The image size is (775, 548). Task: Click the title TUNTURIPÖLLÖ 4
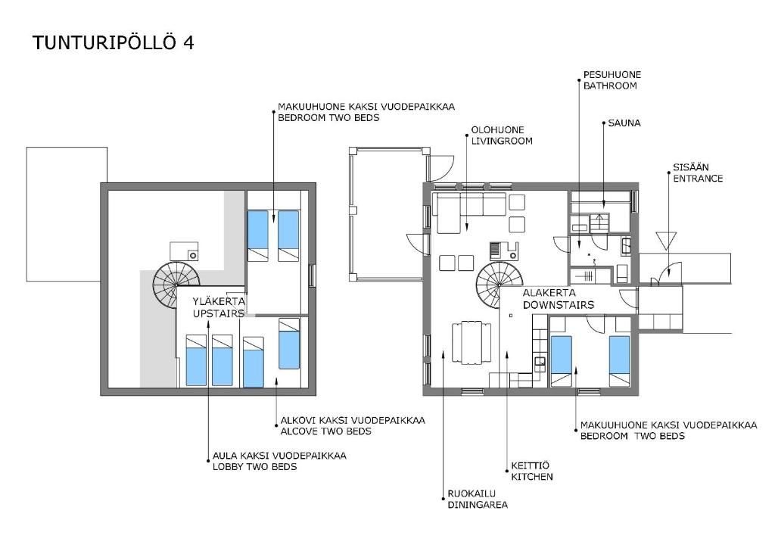(x=114, y=42)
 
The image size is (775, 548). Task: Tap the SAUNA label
(x=624, y=123)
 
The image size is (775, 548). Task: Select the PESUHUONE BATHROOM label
(x=612, y=80)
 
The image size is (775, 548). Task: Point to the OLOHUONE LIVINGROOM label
(x=502, y=135)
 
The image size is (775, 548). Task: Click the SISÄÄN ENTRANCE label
(x=697, y=173)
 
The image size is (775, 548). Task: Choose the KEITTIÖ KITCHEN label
(x=532, y=472)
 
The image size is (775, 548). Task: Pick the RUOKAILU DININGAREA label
(x=478, y=499)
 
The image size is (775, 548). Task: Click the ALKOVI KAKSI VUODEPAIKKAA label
(x=353, y=421)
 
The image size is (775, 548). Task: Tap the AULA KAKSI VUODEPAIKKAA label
(x=279, y=456)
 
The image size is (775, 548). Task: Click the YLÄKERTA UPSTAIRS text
(x=219, y=307)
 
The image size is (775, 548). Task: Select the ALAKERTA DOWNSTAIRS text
(x=558, y=299)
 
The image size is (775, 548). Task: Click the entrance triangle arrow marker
(x=666, y=240)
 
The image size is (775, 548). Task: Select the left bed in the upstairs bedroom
(x=257, y=235)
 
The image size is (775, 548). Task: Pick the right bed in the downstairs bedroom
(x=619, y=361)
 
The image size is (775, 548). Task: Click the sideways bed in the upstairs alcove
(x=289, y=344)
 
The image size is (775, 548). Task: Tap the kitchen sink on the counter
(x=540, y=364)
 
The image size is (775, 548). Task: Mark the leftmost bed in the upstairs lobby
(x=196, y=360)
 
